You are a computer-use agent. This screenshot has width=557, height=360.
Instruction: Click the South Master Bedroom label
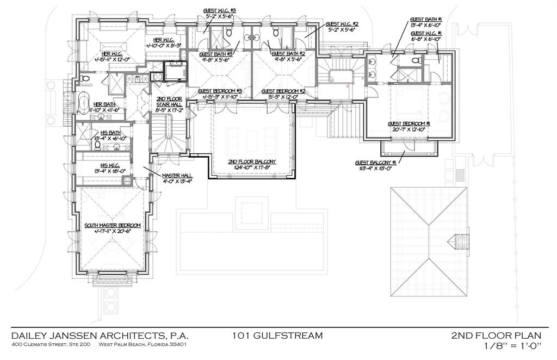(113, 225)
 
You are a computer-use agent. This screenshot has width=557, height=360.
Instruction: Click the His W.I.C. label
(109, 165)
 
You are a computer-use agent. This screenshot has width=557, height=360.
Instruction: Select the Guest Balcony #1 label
(375, 162)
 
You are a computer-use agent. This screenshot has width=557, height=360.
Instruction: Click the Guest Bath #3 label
(216, 54)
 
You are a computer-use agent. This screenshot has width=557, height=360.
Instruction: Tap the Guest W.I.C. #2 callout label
(341, 24)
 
